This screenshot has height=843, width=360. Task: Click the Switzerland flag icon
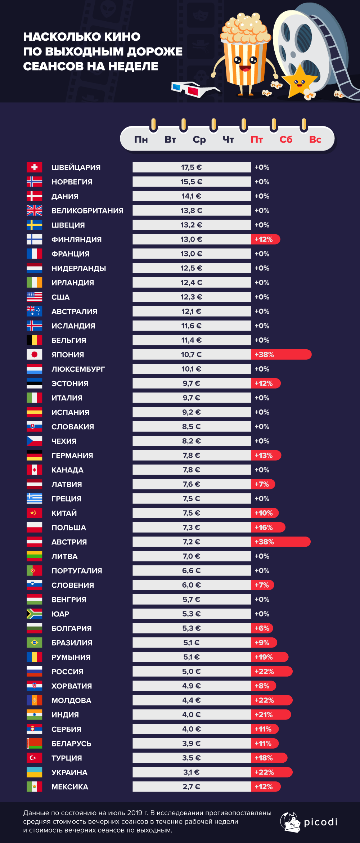click(x=34, y=167)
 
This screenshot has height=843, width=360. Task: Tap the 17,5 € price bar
click(x=192, y=167)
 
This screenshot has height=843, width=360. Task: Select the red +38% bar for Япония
click(x=281, y=354)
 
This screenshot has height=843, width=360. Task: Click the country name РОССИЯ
click(x=67, y=672)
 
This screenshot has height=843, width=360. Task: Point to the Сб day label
click(x=286, y=139)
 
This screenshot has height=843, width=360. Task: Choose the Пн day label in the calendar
click(x=141, y=139)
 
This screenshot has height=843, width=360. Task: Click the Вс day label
click(x=315, y=139)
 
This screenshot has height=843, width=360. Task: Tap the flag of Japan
click(x=34, y=354)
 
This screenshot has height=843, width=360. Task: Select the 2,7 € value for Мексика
click(x=192, y=786)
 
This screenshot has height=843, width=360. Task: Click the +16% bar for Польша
click(x=268, y=527)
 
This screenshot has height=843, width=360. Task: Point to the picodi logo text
click(x=320, y=822)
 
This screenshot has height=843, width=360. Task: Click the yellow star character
click(x=299, y=82)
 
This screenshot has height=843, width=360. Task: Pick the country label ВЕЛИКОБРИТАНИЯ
click(x=87, y=211)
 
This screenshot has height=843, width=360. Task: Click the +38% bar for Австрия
click(x=280, y=542)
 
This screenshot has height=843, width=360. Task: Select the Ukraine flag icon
click(x=34, y=772)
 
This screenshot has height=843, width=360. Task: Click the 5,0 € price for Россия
click(x=192, y=671)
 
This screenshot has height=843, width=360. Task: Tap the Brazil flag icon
click(x=34, y=642)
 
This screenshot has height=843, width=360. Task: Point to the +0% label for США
click(x=262, y=297)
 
